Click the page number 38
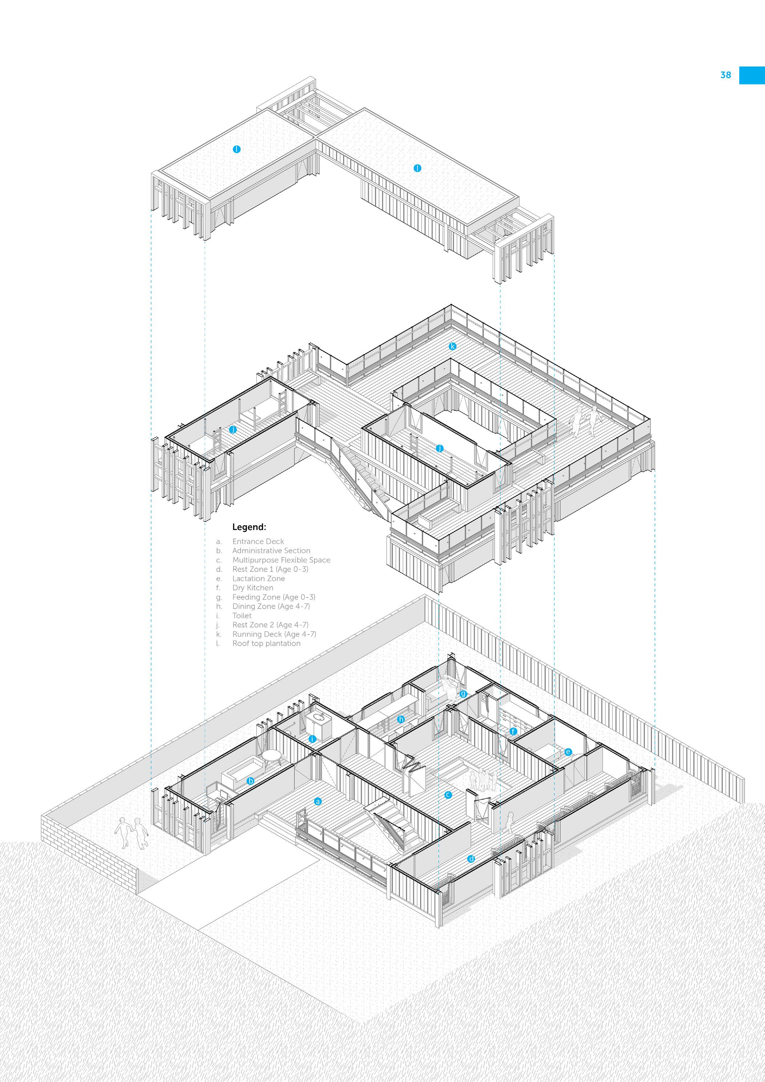pyautogui.click(x=725, y=75)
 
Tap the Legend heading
pyautogui.click(x=249, y=527)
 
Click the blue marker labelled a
pyautogui.click(x=318, y=801)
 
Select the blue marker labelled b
pyautogui.click(x=251, y=781)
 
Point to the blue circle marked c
pyautogui.click(x=448, y=795)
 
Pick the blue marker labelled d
pyautogui.click(x=471, y=858)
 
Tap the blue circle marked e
pyautogui.click(x=568, y=752)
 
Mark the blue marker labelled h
pyautogui.click(x=401, y=719)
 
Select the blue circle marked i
pyautogui.click(x=312, y=739)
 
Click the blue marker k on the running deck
pyautogui.click(x=452, y=346)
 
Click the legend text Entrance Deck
pyautogui.click(x=258, y=542)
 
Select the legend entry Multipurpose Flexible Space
pyautogui.click(x=281, y=560)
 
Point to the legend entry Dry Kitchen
pyautogui.click(x=253, y=588)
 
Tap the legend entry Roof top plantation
pyautogui.click(x=266, y=643)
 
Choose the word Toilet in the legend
pyautogui.click(x=242, y=615)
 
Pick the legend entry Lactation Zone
pyautogui.click(x=258, y=579)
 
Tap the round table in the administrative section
pyautogui.click(x=271, y=755)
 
